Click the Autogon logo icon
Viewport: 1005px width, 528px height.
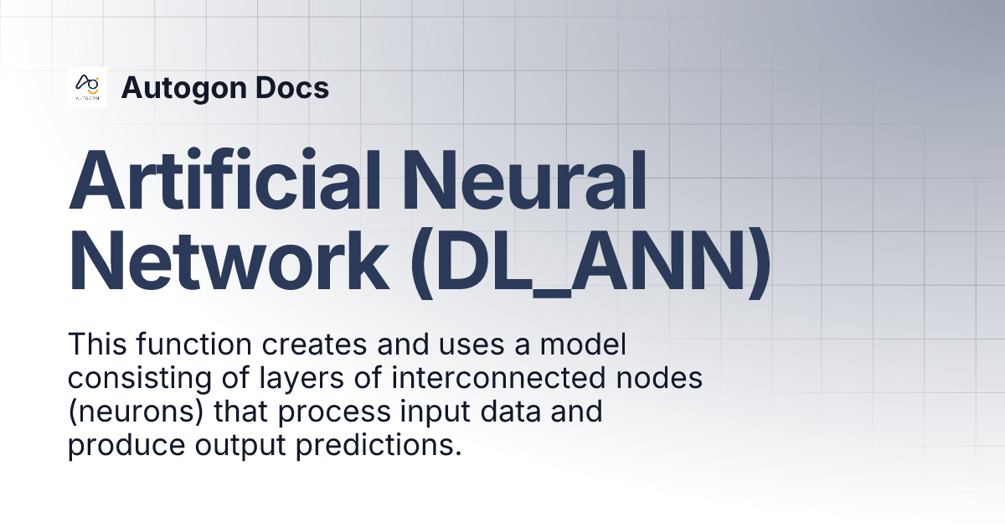(x=87, y=87)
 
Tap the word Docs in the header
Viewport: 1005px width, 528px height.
(x=292, y=88)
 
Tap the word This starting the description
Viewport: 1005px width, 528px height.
(x=94, y=344)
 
